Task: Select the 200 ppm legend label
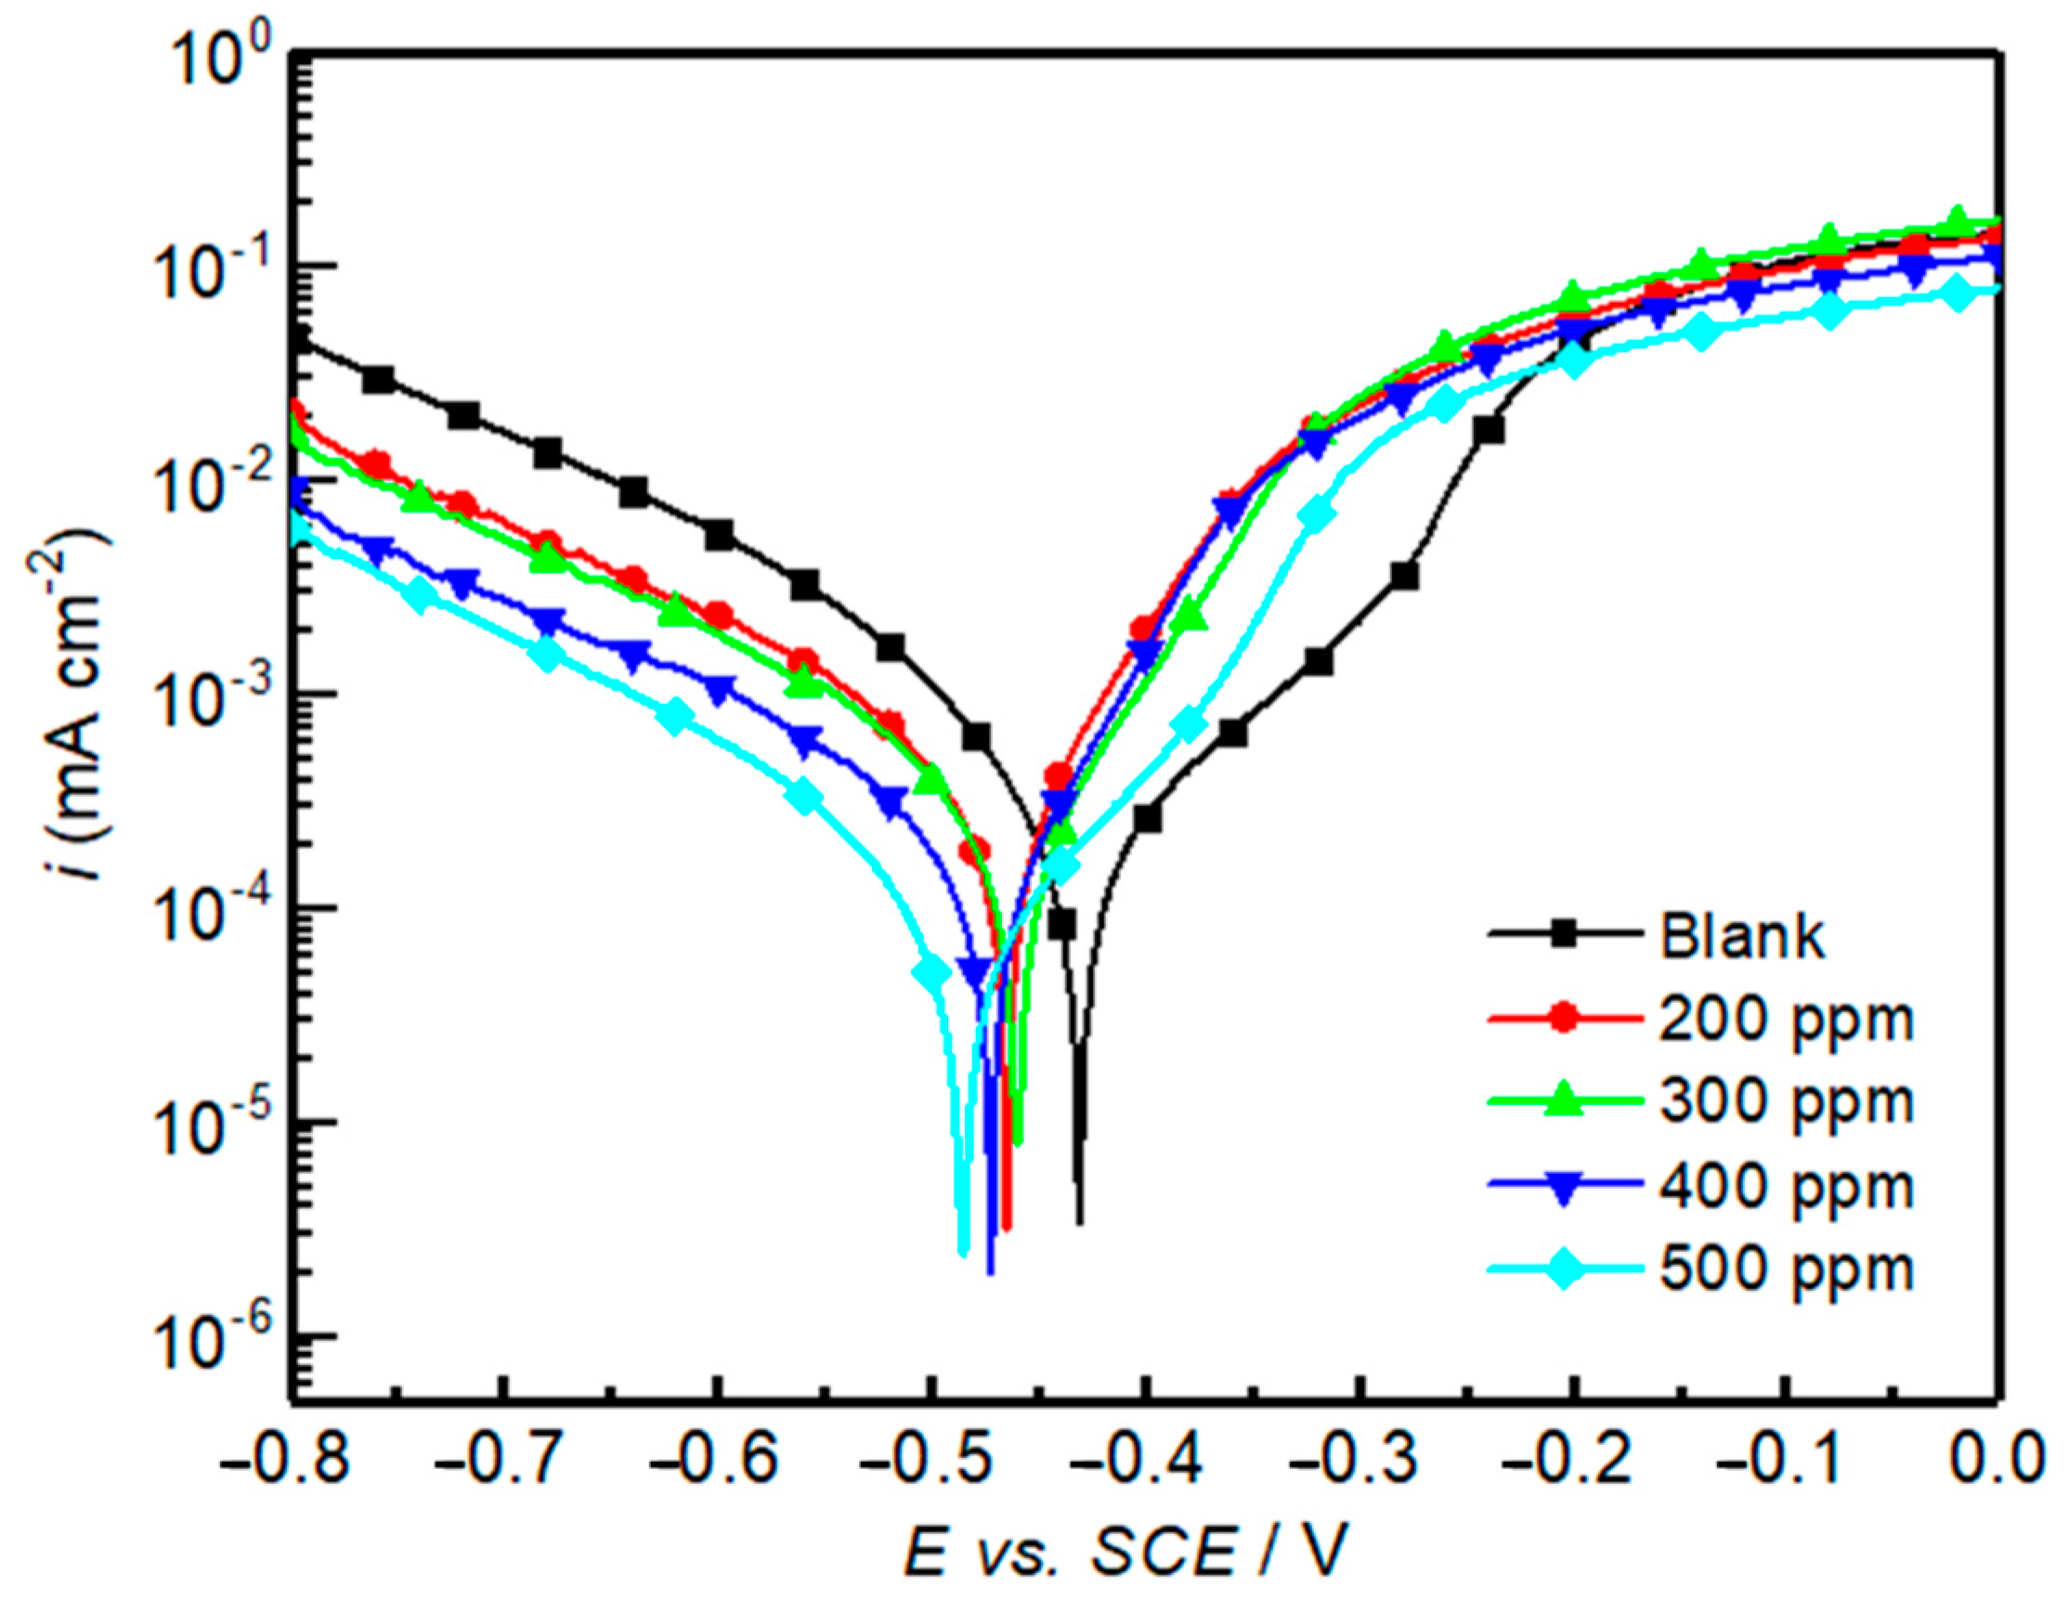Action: (1787, 1020)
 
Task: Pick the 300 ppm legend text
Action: (1787, 1101)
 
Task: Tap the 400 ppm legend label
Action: (1787, 1185)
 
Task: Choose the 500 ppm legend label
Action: (1787, 1268)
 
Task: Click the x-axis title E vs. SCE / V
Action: (1124, 1555)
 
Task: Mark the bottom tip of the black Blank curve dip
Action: (1080, 1222)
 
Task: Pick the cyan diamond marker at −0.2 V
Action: (1572, 361)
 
